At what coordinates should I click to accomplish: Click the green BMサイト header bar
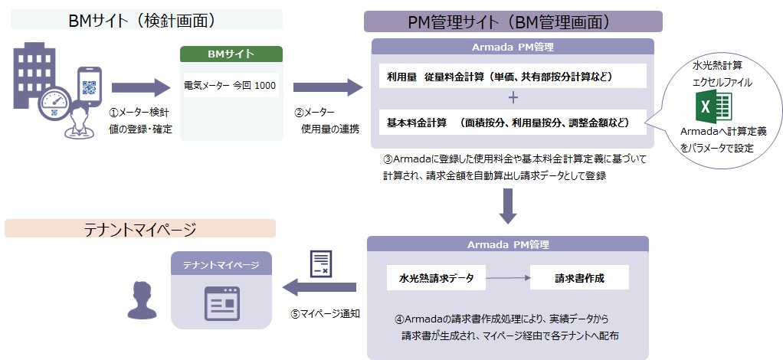[231, 54]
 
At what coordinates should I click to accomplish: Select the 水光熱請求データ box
[436, 278]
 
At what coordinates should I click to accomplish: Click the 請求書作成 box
[579, 278]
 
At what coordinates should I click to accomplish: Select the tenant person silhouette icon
[142, 299]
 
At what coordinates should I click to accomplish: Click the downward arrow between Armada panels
[508, 206]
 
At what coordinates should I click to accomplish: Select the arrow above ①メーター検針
[139, 86]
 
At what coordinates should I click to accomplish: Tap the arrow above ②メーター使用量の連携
[327, 86]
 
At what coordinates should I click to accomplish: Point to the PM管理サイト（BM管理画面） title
[513, 21]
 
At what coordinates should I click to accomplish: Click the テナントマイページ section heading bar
[139, 228]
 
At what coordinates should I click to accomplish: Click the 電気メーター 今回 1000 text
[231, 85]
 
